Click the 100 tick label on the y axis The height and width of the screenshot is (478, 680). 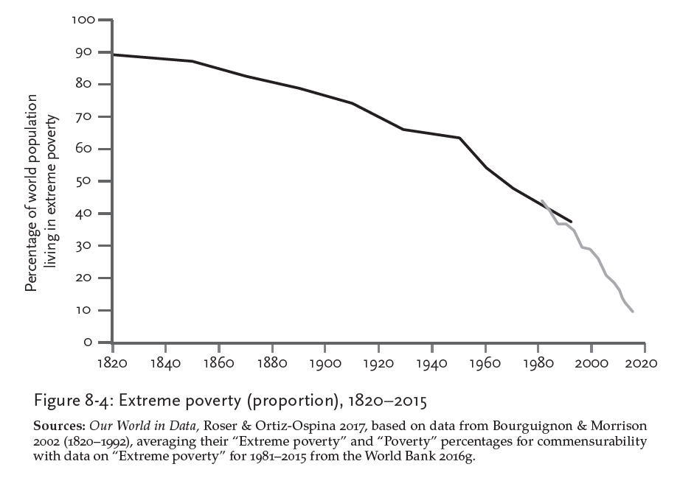click(85, 19)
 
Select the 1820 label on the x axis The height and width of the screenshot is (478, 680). click(112, 363)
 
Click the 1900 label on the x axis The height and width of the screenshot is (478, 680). click(325, 363)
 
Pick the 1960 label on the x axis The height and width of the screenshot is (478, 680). click(485, 363)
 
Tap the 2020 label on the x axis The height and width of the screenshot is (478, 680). click(645, 363)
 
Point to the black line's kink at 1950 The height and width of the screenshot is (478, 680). click(459, 138)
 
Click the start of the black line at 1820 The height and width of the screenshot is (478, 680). click(113, 55)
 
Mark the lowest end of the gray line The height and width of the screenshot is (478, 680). click(633, 312)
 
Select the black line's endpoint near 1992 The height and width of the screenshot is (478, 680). click(572, 222)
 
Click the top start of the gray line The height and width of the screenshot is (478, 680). click(542, 200)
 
